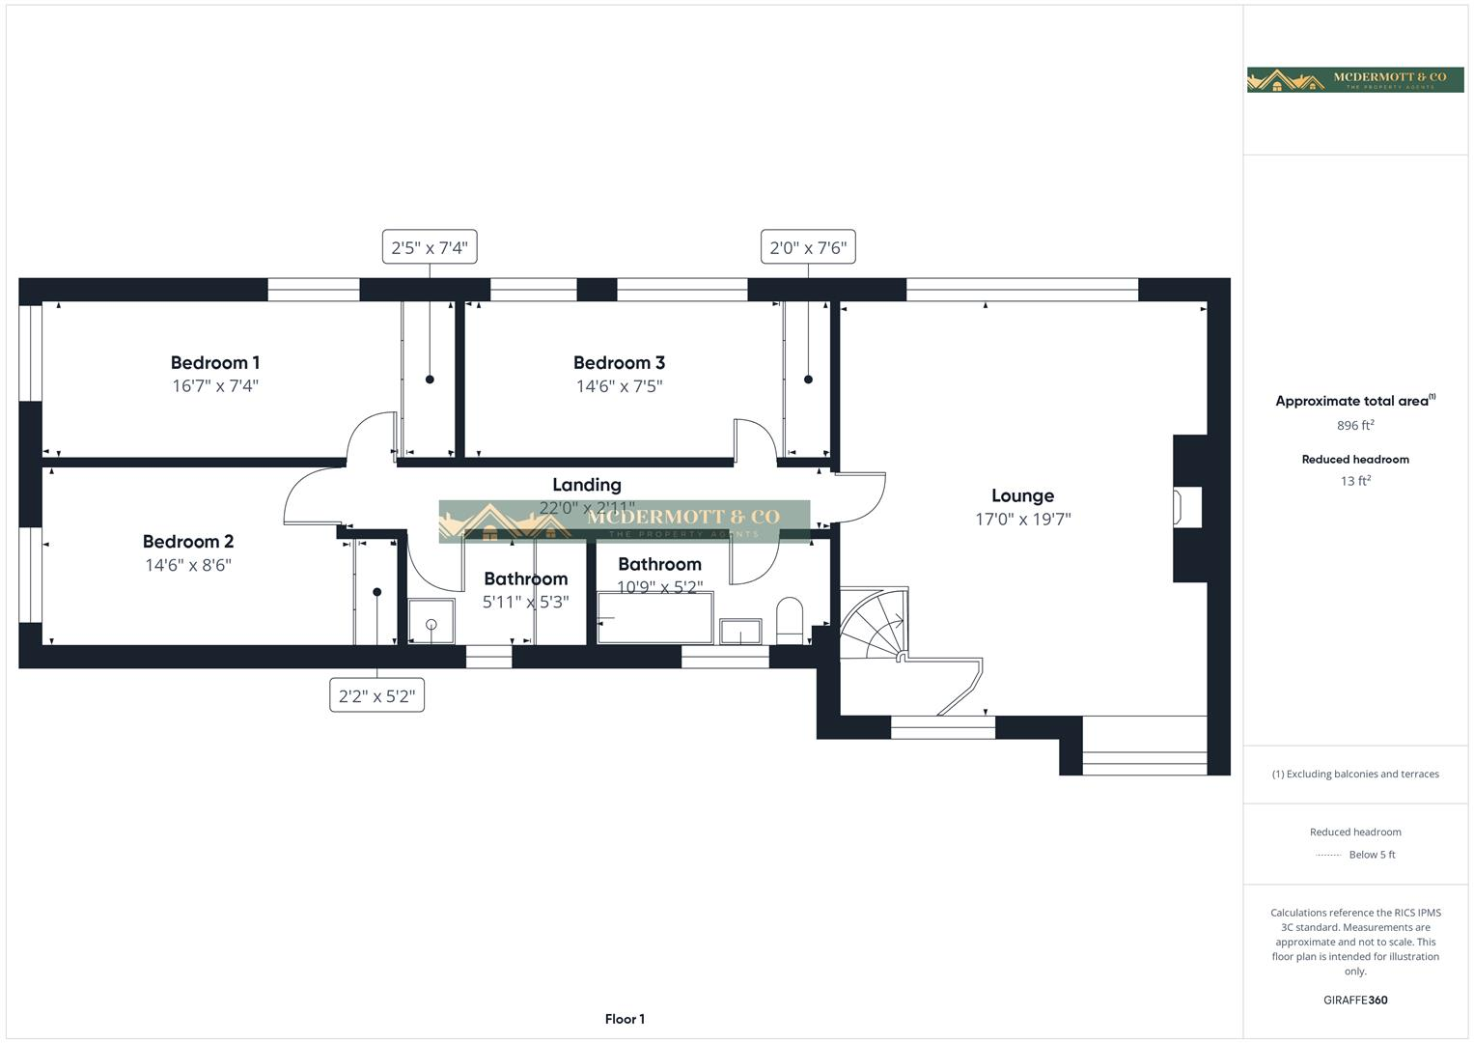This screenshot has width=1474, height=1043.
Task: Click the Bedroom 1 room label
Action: click(214, 363)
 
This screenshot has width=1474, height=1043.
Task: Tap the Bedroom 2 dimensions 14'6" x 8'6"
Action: click(188, 565)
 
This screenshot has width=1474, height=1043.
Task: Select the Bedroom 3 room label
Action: click(619, 363)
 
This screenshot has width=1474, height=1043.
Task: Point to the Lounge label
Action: click(1022, 495)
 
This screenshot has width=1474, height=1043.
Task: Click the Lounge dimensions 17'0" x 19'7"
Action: click(1022, 519)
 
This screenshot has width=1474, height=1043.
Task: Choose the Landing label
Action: click(586, 485)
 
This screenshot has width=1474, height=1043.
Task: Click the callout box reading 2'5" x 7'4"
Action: click(429, 247)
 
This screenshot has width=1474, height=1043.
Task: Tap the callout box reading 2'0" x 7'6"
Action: click(808, 247)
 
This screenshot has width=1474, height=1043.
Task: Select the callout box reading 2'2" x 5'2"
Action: click(376, 695)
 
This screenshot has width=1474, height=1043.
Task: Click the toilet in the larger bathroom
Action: click(790, 620)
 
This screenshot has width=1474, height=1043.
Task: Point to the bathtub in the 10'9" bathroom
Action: click(654, 618)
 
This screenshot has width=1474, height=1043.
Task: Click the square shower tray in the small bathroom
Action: click(431, 621)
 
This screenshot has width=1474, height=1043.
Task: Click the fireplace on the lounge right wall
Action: click(1186, 508)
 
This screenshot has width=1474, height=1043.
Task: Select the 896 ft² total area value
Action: click(1354, 426)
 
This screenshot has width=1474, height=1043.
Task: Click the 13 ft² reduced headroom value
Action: click(1354, 481)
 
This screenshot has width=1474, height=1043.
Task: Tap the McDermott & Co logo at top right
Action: click(1354, 79)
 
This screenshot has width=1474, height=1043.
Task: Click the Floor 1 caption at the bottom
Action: click(625, 1019)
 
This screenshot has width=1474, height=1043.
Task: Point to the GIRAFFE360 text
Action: click(1354, 1001)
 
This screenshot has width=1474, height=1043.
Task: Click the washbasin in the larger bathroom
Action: click(739, 632)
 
